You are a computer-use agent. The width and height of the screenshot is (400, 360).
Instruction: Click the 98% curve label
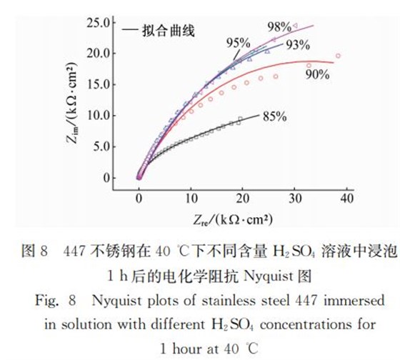coord(279,27)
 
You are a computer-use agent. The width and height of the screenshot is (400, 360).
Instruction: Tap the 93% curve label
coord(297,46)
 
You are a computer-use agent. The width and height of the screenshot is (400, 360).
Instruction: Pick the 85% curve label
coord(274,116)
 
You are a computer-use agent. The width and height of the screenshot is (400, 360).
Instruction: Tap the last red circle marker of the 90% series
coord(338,56)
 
